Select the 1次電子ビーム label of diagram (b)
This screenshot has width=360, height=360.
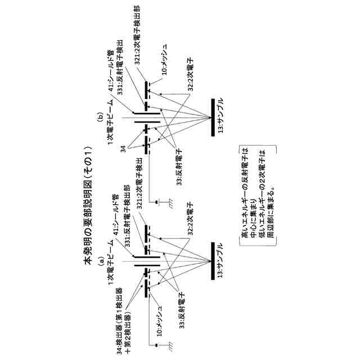click(x=112, y=130)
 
